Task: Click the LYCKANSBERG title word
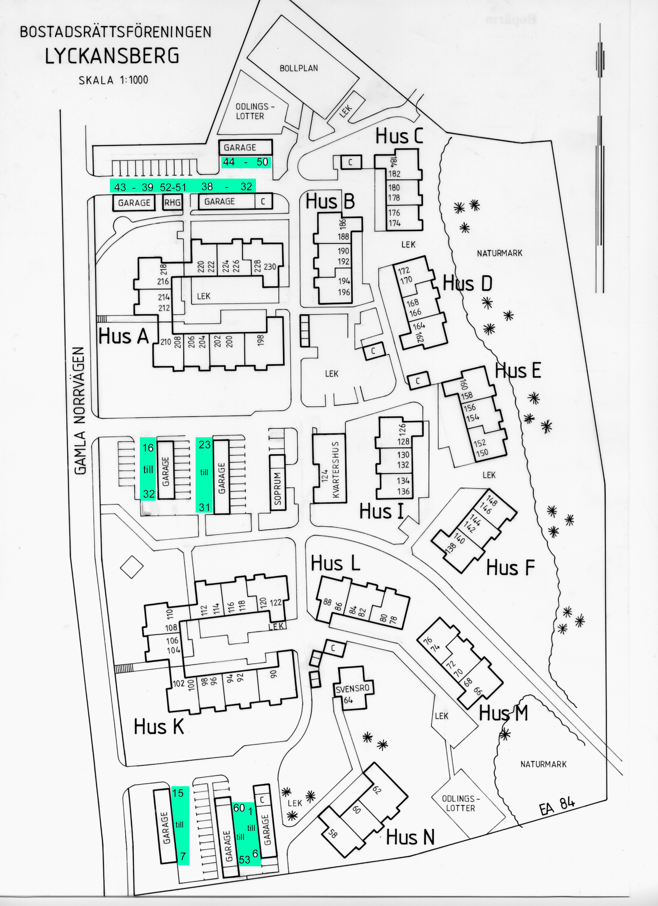(x=112, y=56)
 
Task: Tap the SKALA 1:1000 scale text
(x=113, y=80)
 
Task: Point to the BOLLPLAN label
(x=299, y=68)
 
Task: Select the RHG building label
(x=172, y=203)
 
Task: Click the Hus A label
(x=123, y=336)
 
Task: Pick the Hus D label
(x=468, y=284)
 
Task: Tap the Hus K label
(x=159, y=727)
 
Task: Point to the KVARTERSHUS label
(x=335, y=469)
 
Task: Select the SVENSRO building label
(x=352, y=689)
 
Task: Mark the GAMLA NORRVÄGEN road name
(x=80, y=411)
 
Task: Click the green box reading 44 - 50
(x=246, y=162)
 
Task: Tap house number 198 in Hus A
(x=261, y=340)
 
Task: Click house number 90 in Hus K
(x=274, y=674)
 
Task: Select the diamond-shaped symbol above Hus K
(x=132, y=567)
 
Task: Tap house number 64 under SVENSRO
(x=348, y=700)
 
